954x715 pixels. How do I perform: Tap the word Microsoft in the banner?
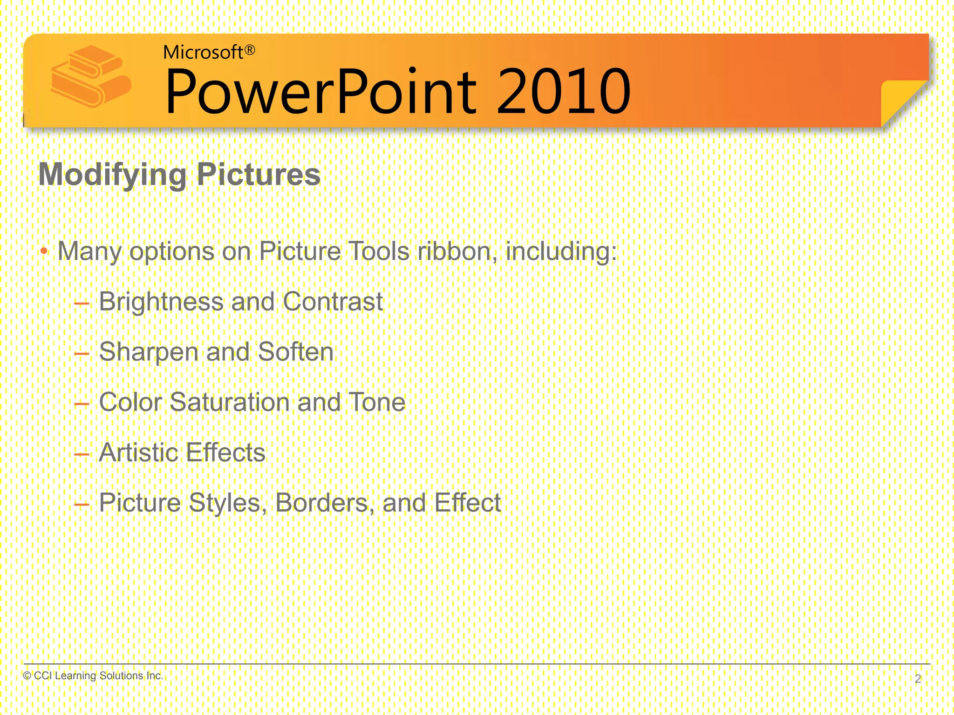pyautogui.click(x=203, y=53)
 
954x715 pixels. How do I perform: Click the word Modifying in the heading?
pyautogui.click(x=112, y=175)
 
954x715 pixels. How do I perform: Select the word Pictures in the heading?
pyautogui.click(x=259, y=175)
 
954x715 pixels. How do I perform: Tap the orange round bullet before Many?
pyautogui.click(x=44, y=251)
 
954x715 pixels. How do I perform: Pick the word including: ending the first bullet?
pyautogui.click(x=561, y=251)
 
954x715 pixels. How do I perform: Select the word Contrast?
pyautogui.click(x=333, y=302)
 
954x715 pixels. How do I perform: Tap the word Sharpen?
pyautogui.click(x=149, y=352)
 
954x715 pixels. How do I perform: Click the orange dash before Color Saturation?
pyautogui.click(x=82, y=404)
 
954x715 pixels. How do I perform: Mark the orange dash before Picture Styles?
pyautogui.click(x=82, y=504)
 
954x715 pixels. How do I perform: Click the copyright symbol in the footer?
pyautogui.click(x=27, y=675)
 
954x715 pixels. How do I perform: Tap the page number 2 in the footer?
pyautogui.click(x=918, y=679)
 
